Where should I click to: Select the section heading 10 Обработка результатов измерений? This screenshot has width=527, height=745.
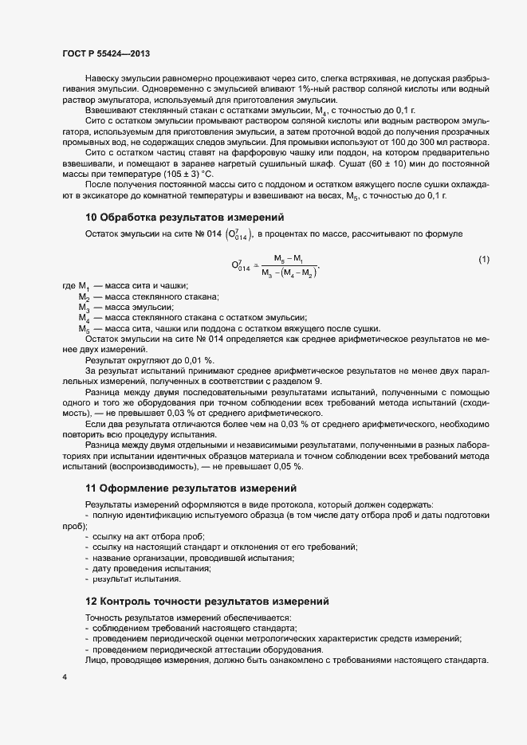(x=183, y=217)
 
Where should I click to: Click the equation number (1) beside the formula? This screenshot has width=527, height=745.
(x=484, y=261)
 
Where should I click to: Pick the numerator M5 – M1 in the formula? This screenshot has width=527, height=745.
(x=288, y=258)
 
